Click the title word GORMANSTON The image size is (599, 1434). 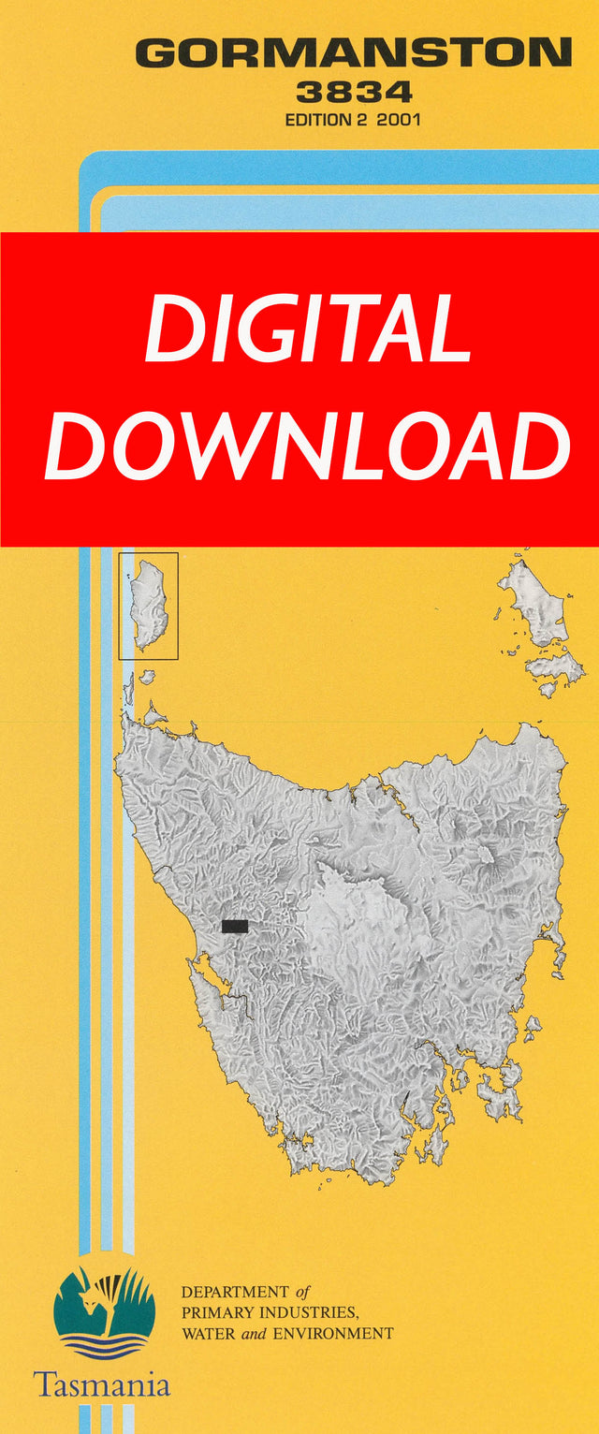coord(354,52)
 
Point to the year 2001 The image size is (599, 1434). coord(399,120)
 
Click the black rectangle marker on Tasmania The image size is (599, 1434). coord(235,926)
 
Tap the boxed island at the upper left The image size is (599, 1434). coord(148,605)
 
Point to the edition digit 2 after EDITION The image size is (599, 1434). coord(369,120)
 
